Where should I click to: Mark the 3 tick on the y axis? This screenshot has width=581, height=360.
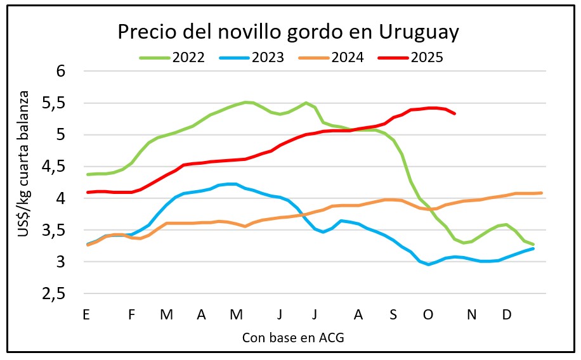(x=61, y=262)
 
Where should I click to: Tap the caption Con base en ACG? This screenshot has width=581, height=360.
(x=293, y=338)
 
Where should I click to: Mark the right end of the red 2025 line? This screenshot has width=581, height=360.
(x=455, y=113)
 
